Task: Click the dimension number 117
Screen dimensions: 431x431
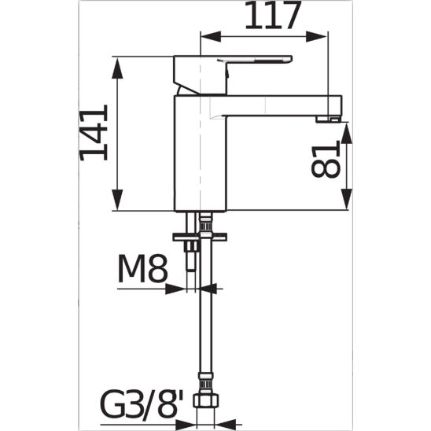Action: (273, 16)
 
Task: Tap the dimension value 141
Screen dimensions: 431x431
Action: (94, 132)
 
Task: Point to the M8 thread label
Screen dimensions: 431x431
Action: (143, 271)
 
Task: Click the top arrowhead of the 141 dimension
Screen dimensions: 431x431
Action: (119, 63)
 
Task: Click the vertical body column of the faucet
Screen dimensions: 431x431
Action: (201, 157)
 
